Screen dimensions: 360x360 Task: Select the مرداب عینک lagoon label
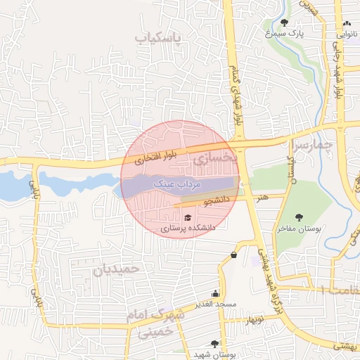(182, 183)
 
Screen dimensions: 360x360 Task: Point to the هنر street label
(262, 198)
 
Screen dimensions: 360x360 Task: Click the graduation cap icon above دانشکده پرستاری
(187, 217)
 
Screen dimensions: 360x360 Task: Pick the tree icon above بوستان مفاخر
(298, 217)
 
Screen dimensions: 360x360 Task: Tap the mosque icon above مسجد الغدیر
(215, 293)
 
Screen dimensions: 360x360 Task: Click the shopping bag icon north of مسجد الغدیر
(233, 255)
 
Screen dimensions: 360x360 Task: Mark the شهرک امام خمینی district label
(155, 323)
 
